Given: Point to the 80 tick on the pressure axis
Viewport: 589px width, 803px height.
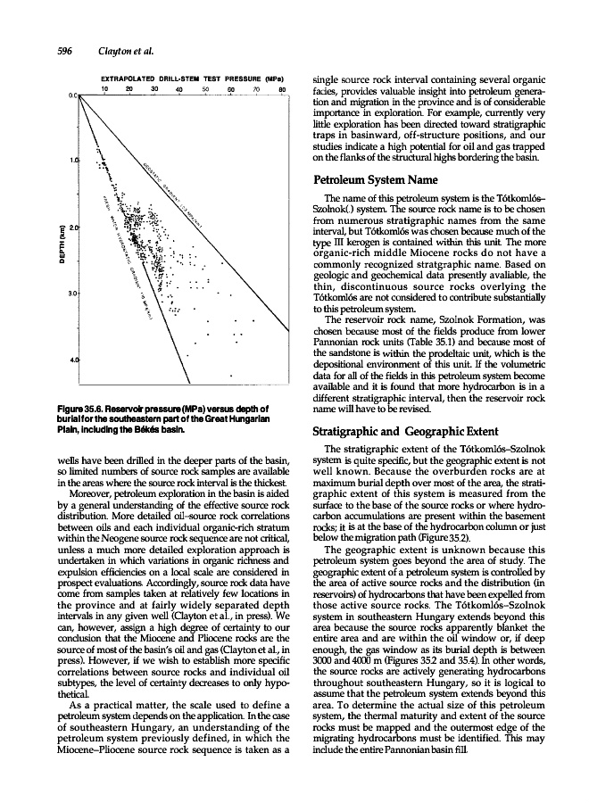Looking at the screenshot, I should (281, 88).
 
